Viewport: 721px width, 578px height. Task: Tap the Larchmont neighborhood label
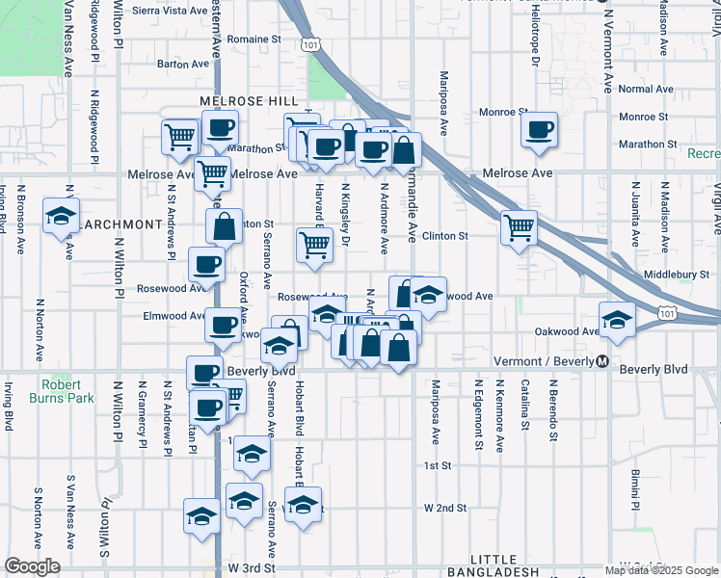[x=122, y=224]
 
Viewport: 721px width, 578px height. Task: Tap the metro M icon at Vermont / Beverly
[x=602, y=361]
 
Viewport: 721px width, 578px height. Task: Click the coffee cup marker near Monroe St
[x=540, y=130]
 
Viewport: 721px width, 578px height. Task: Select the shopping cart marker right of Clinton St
[x=519, y=228]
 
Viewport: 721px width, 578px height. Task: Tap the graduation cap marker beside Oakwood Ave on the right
[x=617, y=321]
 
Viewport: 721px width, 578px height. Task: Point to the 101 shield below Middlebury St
[x=666, y=312]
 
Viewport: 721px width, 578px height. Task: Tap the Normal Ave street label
[x=646, y=90]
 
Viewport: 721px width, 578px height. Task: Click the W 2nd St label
[x=445, y=508]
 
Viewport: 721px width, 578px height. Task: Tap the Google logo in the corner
[x=33, y=567]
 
